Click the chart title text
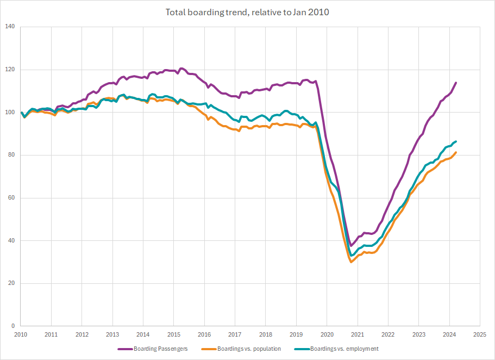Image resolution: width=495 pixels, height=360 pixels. (x=247, y=12)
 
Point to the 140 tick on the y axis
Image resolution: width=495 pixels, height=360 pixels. (x=10, y=27)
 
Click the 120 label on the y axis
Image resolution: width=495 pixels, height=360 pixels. (x=10, y=70)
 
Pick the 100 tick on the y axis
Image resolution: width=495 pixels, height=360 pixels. (x=10, y=113)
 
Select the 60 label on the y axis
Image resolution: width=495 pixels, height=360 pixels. (x=11, y=198)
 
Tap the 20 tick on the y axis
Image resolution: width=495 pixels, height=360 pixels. (x=11, y=283)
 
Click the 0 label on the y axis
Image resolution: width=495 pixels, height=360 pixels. (x=13, y=326)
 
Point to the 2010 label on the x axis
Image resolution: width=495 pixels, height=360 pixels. (x=21, y=335)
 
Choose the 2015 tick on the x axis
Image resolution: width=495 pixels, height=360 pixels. (x=174, y=335)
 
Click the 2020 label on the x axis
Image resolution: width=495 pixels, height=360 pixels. (x=327, y=335)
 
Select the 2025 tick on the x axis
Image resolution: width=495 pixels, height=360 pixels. (x=480, y=335)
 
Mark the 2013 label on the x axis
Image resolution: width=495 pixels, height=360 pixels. (x=112, y=335)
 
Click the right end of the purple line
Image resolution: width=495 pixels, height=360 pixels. (x=456, y=83)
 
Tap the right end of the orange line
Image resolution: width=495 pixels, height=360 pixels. (x=456, y=152)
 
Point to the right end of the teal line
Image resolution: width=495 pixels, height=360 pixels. (x=456, y=141)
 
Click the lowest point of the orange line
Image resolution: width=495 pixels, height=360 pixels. (x=352, y=262)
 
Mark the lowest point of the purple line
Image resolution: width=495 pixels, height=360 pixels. (x=351, y=246)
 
